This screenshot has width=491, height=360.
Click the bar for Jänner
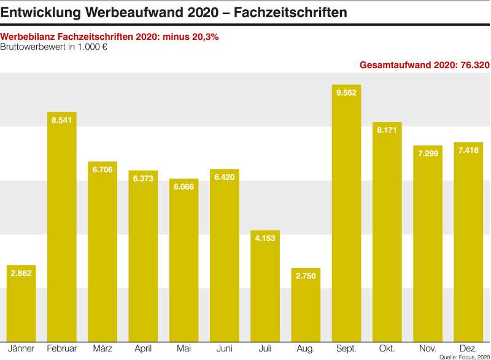click(21, 303)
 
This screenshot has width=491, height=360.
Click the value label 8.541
click(62, 120)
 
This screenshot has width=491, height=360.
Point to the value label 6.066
click(184, 187)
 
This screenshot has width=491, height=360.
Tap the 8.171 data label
click(387, 130)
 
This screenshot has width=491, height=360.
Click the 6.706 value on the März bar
click(102, 169)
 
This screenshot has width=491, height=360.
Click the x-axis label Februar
click(62, 348)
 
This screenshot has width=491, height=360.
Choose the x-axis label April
click(143, 348)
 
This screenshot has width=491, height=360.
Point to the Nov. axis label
click(428, 348)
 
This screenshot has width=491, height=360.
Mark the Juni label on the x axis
click(225, 348)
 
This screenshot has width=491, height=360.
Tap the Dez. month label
click(468, 348)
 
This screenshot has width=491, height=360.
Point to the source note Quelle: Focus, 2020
click(464, 356)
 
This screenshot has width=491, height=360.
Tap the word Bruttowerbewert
click(33, 47)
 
